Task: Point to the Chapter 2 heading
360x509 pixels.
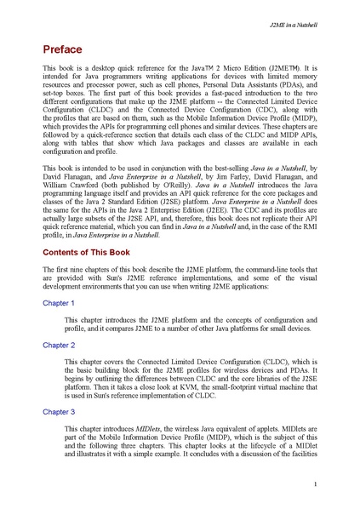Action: pyautogui.click(x=59, y=345)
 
